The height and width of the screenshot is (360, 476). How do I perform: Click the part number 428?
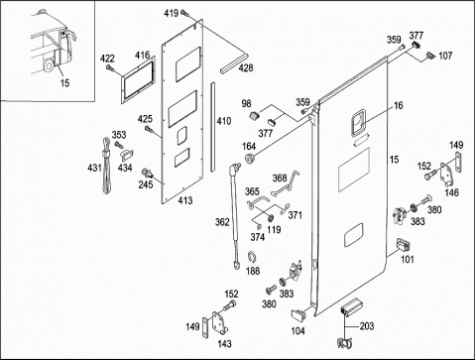pyautogui.click(x=246, y=67)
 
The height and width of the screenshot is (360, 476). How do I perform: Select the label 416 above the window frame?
pyautogui.click(x=142, y=55)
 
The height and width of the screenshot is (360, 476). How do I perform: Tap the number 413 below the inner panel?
pyautogui.click(x=185, y=200)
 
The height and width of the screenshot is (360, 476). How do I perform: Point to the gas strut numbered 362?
pyautogui.click(x=235, y=216)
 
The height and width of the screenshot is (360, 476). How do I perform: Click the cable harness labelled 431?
pyautogui.click(x=106, y=167)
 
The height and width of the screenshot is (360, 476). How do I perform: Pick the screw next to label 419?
pyautogui.click(x=184, y=13)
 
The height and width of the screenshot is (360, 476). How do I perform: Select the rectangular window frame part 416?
pyautogui.click(x=138, y=80)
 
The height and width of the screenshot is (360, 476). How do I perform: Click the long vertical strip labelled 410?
pyautogui.click(x=212, y=127)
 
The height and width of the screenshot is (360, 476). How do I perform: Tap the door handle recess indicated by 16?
pyautogui.click(x=358, y=123)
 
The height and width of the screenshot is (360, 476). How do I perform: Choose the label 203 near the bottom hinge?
pyautogui.click(x=367, y=326)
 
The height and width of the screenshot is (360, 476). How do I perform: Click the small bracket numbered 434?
pyautogui.click(x=126, y=155)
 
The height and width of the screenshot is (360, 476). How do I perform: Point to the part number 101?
pyautogui.click(x=408, y=259)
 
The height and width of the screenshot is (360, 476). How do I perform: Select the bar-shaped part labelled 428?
pyautogui.click(x=234, y=61)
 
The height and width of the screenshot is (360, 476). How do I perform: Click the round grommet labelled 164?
pyautogui.click(x=249, y=158)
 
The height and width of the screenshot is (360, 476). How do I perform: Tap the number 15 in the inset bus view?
pyautogui.click(x=64, y=82)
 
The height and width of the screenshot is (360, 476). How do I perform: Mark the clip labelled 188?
pyautogui.click(x=253, y=257)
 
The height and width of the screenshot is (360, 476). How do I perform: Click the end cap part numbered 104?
pyautogui.click(x=298, y=315)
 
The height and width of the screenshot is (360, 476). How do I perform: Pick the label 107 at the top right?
pyautogui.click(x=445, y=56)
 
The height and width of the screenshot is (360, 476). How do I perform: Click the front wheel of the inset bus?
pyautogui.click(x=49, y=65)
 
